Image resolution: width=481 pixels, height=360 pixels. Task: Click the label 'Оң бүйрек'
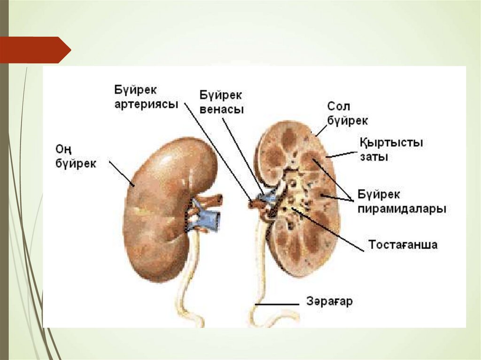point(76,156)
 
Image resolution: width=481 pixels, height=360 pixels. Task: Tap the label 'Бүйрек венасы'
point(221,102)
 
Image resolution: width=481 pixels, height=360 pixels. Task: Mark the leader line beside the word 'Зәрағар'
point(277,304)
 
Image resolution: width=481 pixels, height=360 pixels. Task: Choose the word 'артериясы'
point(146,104)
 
